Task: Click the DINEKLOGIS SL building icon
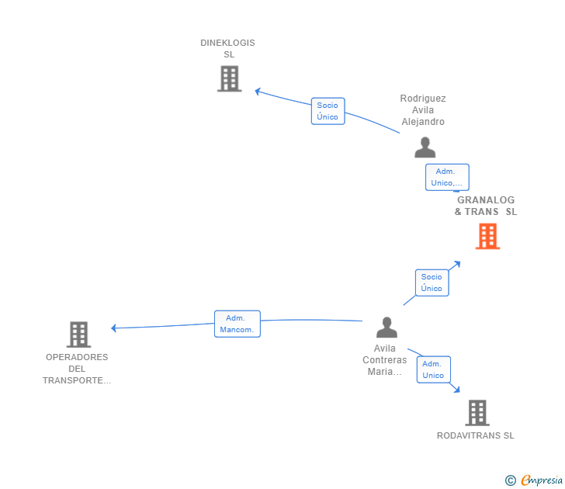(x=230, y=78)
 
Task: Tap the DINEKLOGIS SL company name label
(x=227, y=49)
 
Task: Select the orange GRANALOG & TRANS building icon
(x=487, y=236)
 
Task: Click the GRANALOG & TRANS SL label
(x=486, y=206)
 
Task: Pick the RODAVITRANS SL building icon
(x=477, y=413)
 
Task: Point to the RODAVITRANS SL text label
(x=475, y=435)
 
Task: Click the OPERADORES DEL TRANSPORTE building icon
(x=79, y=335)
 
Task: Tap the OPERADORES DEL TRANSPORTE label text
(x=77, y=369)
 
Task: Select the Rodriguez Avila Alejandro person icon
(x=425, y=147)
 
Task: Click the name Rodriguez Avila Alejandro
(x=423, y=110)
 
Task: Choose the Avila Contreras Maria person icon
(x=387, y=328)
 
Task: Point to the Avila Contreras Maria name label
(x=384, y=360)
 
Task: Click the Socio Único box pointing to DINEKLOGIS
(x=328, y=111)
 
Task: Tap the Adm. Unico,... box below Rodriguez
(x=447, y=177)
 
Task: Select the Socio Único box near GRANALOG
(x=432, y=283)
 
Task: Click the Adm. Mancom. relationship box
(x=237, y=324)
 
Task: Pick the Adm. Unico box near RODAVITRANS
(x=434, y=369)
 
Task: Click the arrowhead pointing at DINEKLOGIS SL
(x=258, y=92)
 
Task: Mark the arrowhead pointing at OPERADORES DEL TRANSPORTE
(x=114, y=328)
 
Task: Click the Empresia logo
(x=534, y=480)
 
